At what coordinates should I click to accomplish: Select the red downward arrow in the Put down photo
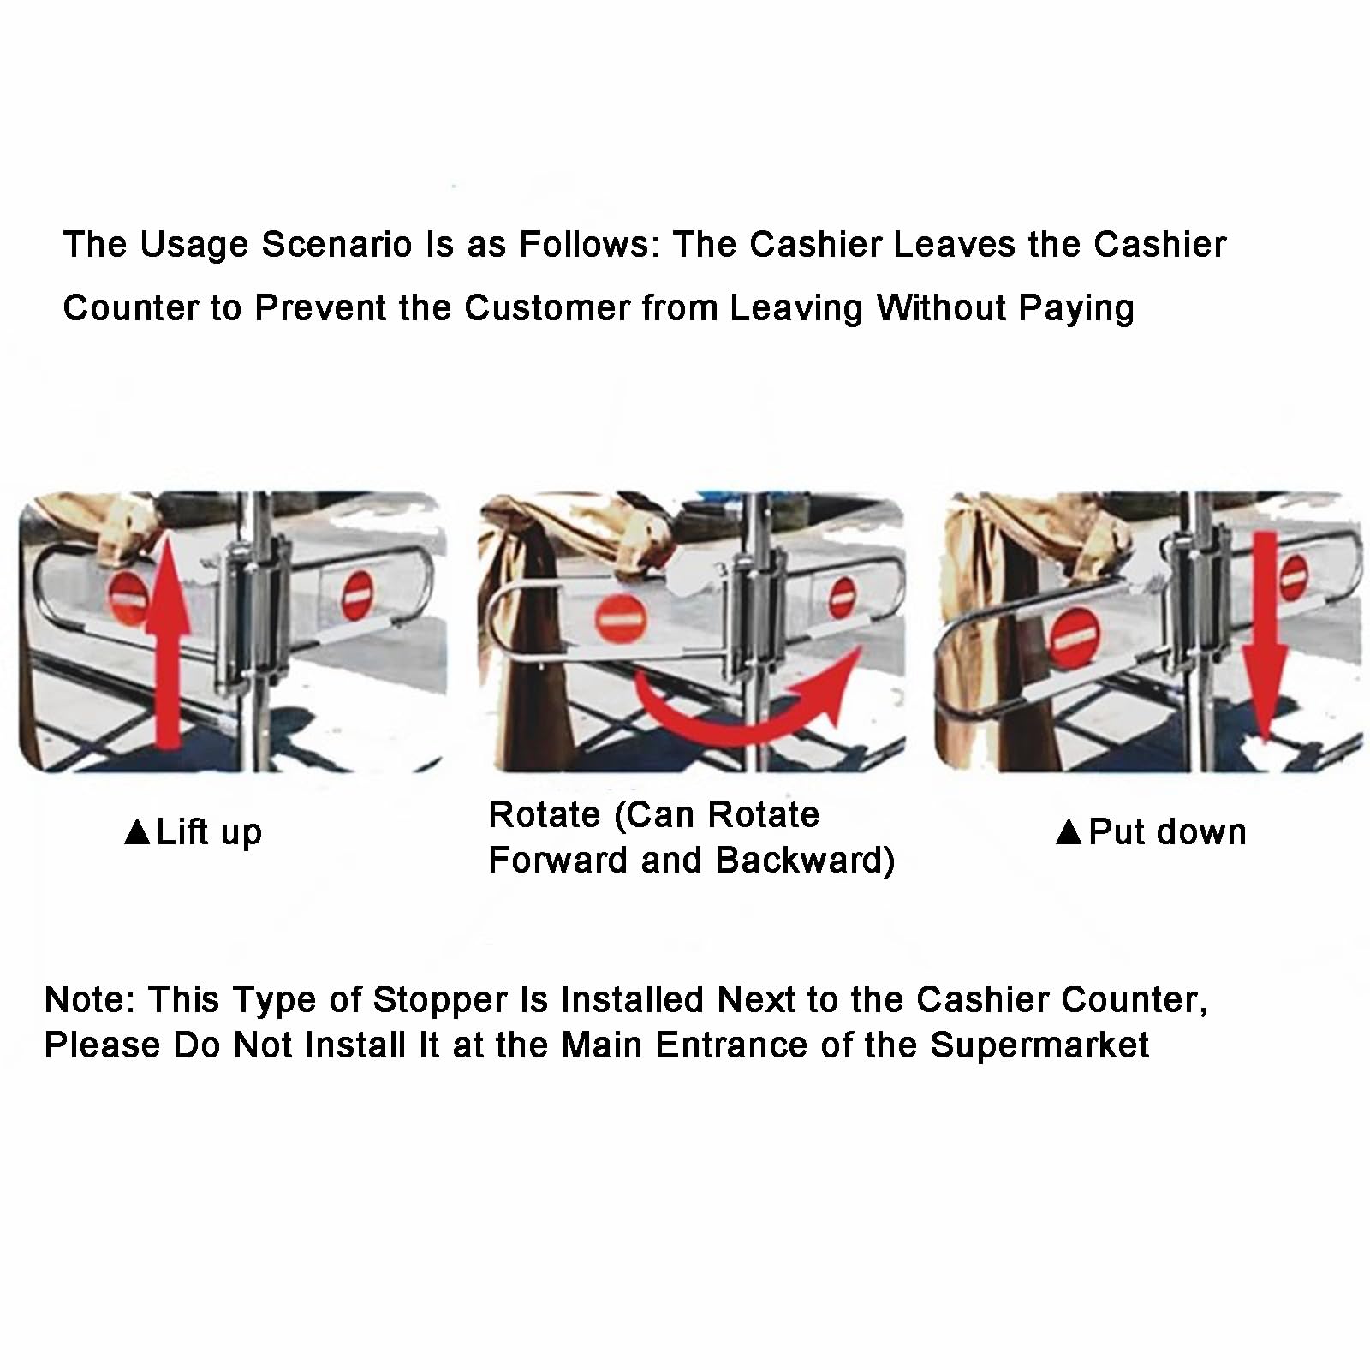1265,638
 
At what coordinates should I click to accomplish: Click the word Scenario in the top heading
337,245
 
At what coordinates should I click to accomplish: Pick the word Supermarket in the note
1039,1045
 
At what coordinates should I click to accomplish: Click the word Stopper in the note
440,1001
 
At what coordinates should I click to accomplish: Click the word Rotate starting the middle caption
544,815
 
